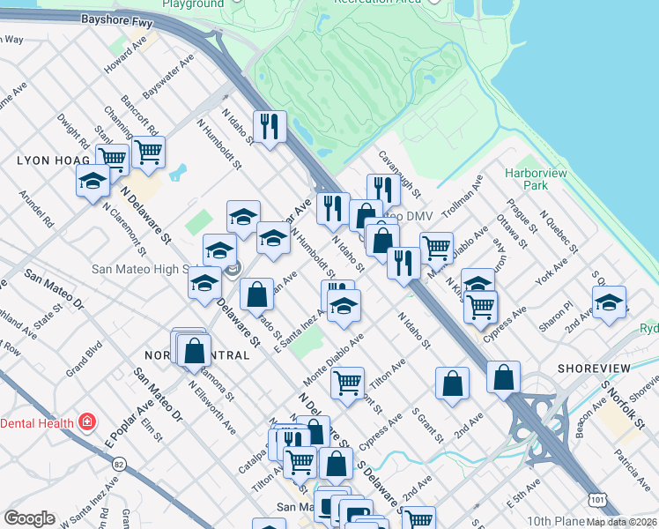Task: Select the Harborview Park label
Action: coord(535,180)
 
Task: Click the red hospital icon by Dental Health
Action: coord(86,422)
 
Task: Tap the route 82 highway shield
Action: coord(120,464)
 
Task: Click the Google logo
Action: coord(29,518)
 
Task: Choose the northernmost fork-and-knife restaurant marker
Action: coord(268,126)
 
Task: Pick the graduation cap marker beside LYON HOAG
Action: coord(92,183)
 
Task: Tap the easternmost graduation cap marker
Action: coord(609,302)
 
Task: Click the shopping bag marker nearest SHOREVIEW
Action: coord(503,376)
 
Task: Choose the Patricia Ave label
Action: coord(633,469)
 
